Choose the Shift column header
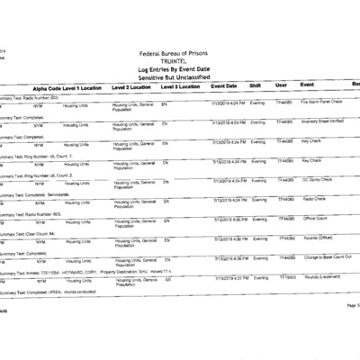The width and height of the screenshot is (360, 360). (x=255, y=86)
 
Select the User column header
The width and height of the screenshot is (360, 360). (x=281, y=86)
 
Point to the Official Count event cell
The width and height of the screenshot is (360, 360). (x=317, y=217)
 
